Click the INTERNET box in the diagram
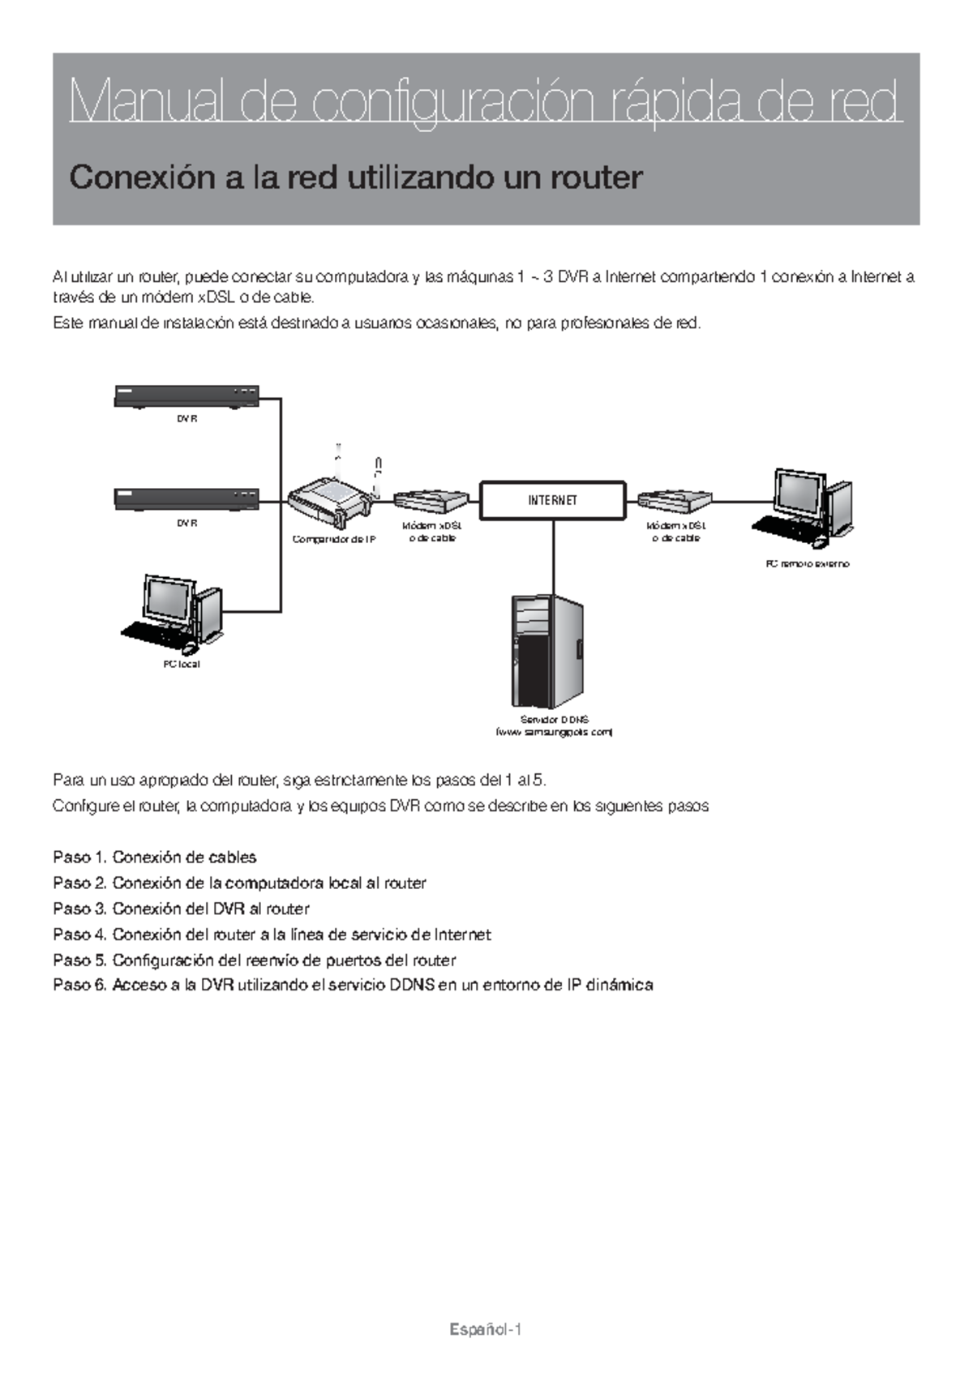pos(553,500)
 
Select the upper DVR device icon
pos(186,396)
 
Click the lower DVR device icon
pos(186,499)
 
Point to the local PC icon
pos(173,614)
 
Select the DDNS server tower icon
pos(547,651)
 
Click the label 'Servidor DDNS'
pos(555,720)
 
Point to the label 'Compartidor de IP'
pos(333,540)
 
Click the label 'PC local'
pos(182,664)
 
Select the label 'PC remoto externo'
pos(808,563)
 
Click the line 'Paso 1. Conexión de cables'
pos(155,858)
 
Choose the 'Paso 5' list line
pos(254,960)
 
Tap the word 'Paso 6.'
pos(79,986)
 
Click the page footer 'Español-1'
pos(485,1330)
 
